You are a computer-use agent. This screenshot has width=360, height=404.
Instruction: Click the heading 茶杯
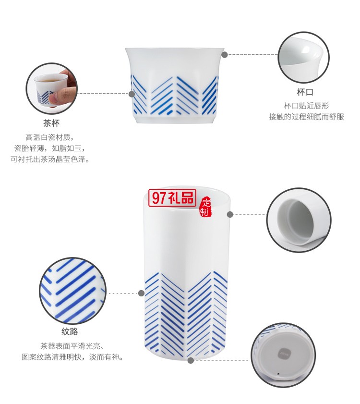[51, 123]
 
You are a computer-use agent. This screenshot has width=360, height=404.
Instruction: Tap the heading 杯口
[305, 92]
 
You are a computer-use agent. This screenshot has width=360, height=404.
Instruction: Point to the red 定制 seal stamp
[205, 207]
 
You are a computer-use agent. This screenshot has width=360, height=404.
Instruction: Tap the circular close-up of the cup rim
[304, 57]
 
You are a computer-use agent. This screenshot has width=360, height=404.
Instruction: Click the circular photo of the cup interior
[296, 220]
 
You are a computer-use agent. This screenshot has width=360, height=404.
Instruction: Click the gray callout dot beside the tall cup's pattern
[142, 293]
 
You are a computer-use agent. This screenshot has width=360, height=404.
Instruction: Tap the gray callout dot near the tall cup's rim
[230, 214]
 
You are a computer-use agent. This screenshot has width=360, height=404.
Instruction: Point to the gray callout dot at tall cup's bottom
[191, 360]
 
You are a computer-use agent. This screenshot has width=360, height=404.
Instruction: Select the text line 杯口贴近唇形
[306, 105]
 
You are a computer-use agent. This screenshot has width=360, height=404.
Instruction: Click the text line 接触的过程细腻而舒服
[306, 117]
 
